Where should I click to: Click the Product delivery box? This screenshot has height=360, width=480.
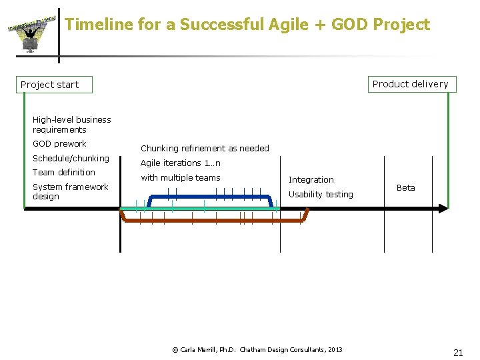(x=410, y=84)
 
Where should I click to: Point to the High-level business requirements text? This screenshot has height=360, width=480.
(x=71, y=125)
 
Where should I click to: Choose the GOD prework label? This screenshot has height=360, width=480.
(x=59, y=144)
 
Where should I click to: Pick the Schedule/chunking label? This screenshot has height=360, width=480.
(x=71, y=159)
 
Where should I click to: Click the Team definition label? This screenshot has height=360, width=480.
(x=64, y=173)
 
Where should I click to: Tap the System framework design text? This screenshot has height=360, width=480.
(x=70, y=192)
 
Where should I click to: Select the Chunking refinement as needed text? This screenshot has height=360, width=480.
(x=205, y=149)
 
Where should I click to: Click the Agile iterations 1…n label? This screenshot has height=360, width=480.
(x=180, y=163)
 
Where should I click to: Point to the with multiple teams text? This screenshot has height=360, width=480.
(x=180, y=178)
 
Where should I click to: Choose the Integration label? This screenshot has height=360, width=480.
(x=311, y=180)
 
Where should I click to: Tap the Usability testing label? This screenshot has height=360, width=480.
(x=321, y=195)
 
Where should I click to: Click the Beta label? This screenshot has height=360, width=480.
(x=405, y=188)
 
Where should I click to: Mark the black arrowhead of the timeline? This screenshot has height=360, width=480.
(x=443, y=209)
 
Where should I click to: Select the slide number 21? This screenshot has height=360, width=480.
(x=458, y=353)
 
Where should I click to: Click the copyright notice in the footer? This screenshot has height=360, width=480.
(x=257, y=349)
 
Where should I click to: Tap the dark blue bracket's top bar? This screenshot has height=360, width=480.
(x=209, y=197)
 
